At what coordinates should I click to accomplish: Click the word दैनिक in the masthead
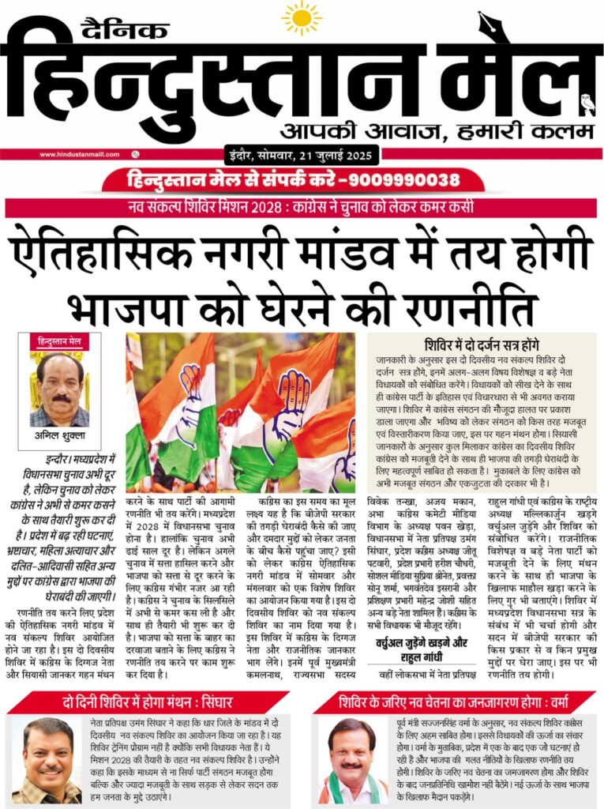(x=124, y=30)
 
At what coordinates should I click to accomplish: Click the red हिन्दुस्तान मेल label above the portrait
(x=59, y=341)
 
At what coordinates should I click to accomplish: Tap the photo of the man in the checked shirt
(x=47, y=760)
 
